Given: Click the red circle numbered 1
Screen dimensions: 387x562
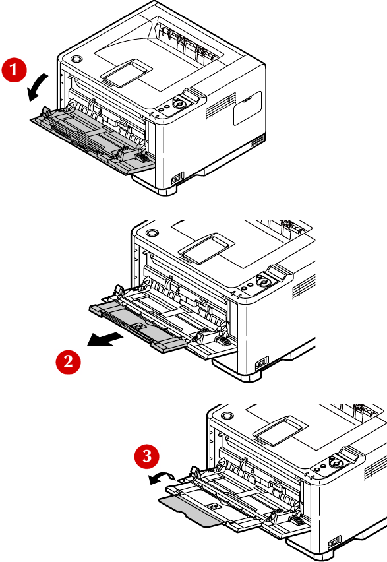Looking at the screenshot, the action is pyautogui.click(x=14, y=70).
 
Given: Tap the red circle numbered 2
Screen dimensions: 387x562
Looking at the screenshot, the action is pyautogui.click(x=68, y=361).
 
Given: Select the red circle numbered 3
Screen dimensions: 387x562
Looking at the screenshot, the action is pyautogui.click(x=147, y=456).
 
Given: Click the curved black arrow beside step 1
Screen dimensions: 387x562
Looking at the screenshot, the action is pyautogui.click(x=37, y=87).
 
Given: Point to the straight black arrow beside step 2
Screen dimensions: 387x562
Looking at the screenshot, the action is pyautogui.click(x=105, y=339).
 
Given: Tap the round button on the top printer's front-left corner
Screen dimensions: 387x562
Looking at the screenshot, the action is pyautogui.click(x=76, y=59).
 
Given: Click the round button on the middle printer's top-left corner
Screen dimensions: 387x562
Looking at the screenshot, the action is pyautogui.click(x=152, y=233).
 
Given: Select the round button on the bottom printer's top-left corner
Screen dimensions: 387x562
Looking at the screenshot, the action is pyautogui.click(x=227, y=416).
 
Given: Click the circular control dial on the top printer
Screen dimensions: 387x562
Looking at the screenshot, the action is pyautogui.click(x=179, y=103).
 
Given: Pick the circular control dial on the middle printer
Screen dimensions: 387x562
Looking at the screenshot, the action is pyautogui.click(x=264, y=282).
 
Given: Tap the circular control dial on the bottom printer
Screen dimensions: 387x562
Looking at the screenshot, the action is pyautogui.click(x=336, y=463).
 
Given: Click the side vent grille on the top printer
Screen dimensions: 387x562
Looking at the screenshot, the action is pyautogui.click(x=221, y=106).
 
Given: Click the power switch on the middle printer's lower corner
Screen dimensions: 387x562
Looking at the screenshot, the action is pyautogui.click(x=262, y=363).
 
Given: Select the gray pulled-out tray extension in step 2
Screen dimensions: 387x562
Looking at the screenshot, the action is pyautogui.click(x=138, y=326).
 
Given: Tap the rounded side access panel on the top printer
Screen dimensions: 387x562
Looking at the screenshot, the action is pyautogui.click(x=248, y=108).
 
